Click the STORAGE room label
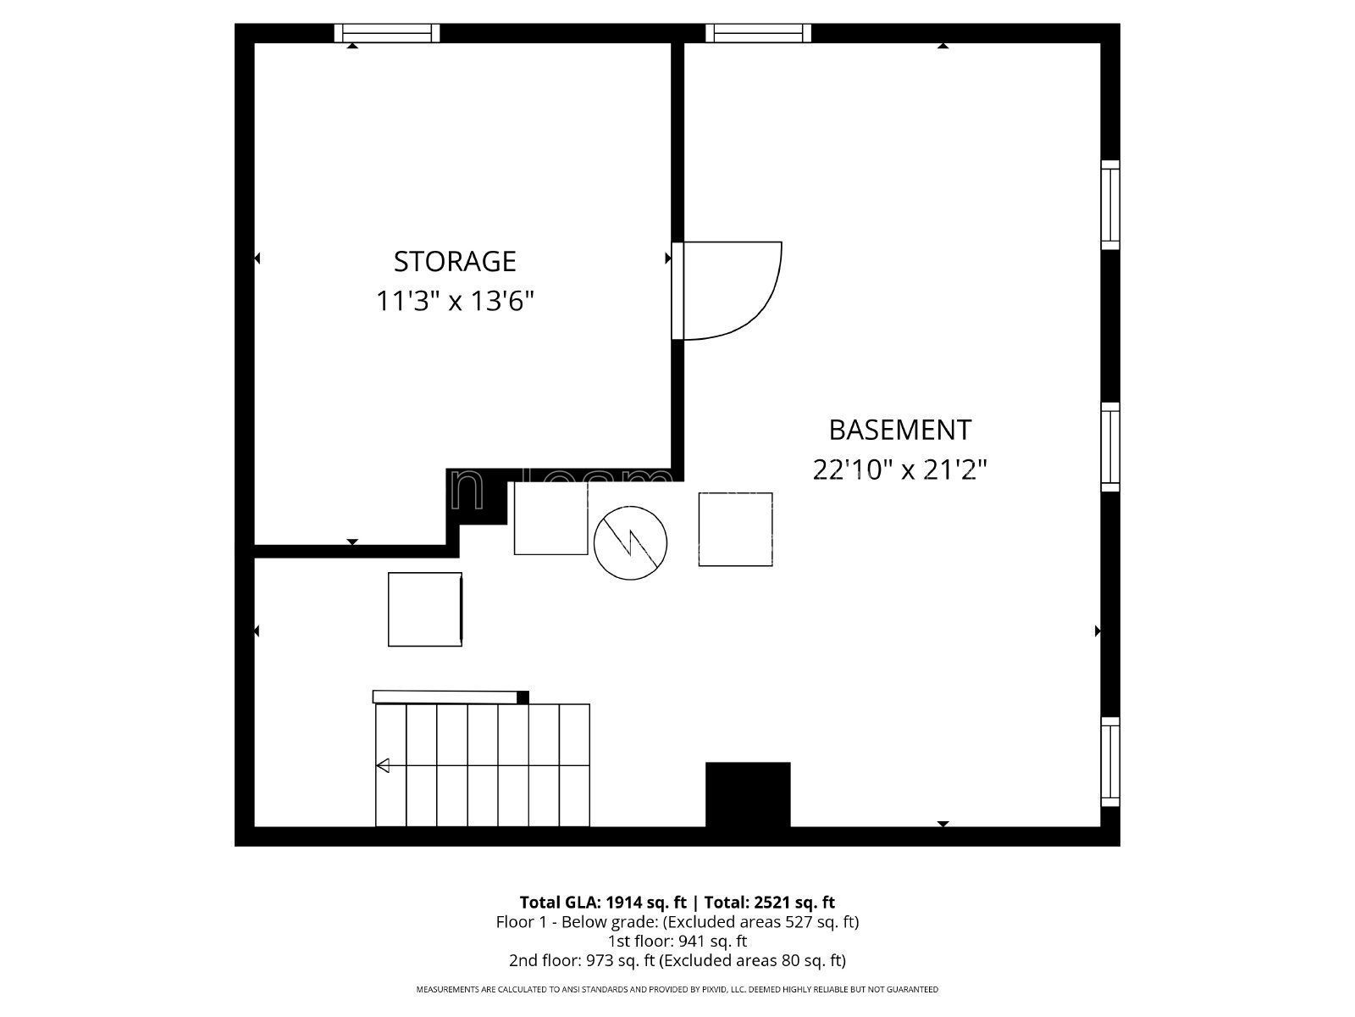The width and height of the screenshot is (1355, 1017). (x=455, y=261)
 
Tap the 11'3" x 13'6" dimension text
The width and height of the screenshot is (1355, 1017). (x=455, y=301)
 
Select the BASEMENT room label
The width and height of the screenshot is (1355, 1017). (x=899, y=430)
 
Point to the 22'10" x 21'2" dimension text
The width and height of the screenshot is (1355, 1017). (x=899, y=470)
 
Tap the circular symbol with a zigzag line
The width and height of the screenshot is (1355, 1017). (x=630, y=543)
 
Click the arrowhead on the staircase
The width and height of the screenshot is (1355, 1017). (x=383, y=766)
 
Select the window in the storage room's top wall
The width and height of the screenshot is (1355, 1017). (x=387, y=33)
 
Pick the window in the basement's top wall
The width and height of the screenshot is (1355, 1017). (x=758, y=33)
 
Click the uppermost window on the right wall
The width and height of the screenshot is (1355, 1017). (x=1109, y=205)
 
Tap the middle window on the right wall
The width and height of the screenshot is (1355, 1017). (x=1109, y=447)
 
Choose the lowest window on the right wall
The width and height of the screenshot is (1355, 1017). (x=1109, y=762)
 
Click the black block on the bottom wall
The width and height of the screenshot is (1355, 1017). (x=748, y=794)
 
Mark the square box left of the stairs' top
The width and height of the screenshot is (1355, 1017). (x=425, y=609)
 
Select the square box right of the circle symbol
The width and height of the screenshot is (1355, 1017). (x=735, y=529)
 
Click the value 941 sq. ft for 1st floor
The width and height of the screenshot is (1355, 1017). (x=702, y=941)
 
